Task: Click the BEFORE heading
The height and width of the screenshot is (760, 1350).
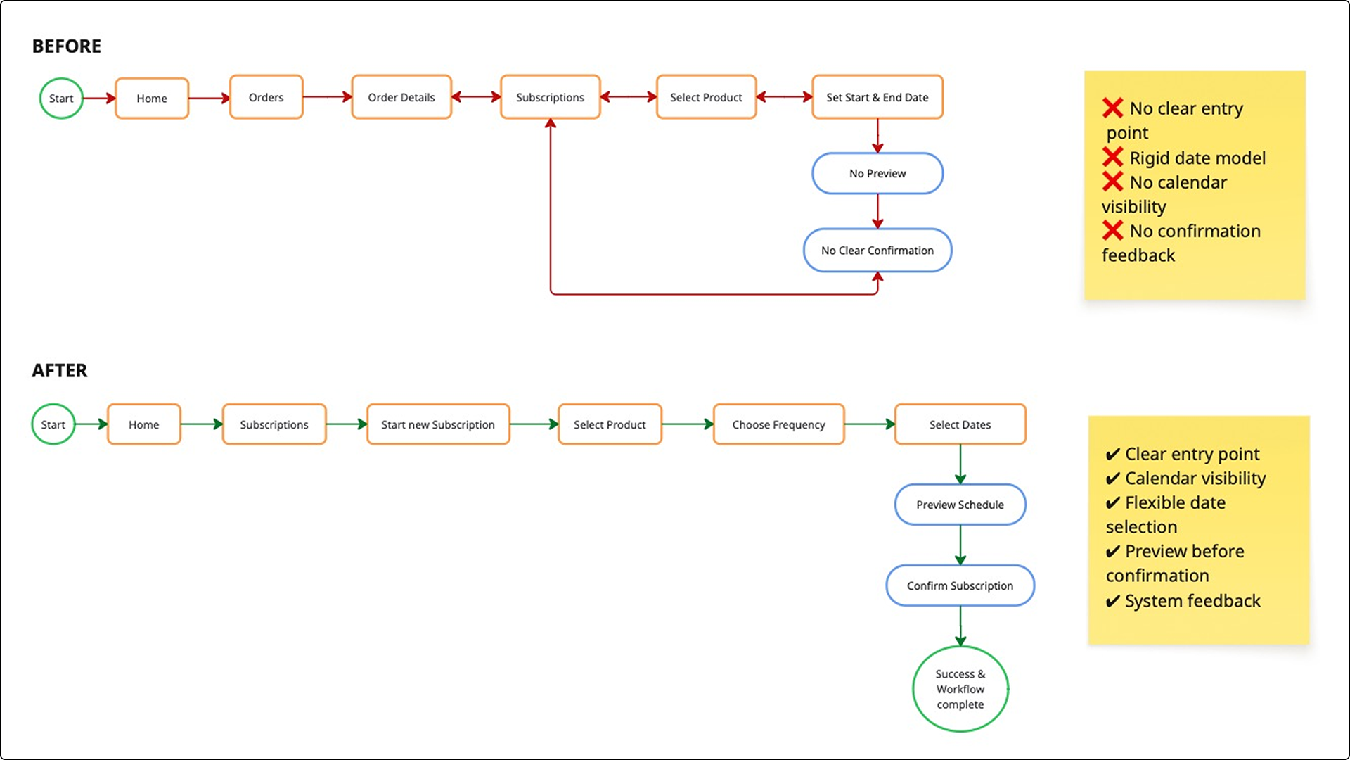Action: (x=67, y=46)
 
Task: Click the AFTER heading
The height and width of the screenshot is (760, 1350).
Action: (x=60, y=371)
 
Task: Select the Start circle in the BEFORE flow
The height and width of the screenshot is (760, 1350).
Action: (x=61, y=99)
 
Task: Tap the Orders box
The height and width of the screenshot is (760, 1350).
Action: (x=266, y=98)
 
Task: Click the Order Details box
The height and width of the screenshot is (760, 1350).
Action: (x=401, y=98)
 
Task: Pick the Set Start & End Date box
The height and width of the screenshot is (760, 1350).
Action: (x=877, y=98)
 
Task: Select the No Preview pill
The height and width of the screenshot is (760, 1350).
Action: (x=877, y=174)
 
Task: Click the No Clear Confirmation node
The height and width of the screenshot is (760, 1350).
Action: (x=877, y=251)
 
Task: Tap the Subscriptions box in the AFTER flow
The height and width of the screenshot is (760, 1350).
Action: (x=274, y=425)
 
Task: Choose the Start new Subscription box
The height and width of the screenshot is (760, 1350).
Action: (x=437, y=425)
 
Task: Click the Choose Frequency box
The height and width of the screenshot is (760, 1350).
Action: (x=778, y=425)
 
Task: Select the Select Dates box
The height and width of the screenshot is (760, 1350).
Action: (x=960, y=425)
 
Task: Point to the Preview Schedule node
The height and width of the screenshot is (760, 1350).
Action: (x=960, y=505)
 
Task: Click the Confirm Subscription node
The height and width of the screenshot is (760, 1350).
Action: (x=960, y=586)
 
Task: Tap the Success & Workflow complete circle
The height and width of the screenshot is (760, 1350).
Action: (x=960, y=690)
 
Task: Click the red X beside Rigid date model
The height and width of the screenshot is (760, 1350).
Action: (x=1112, y=157)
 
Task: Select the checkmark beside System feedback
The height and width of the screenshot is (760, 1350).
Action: (x=1112, y=602)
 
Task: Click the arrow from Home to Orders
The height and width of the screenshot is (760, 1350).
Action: (x=209, y=99)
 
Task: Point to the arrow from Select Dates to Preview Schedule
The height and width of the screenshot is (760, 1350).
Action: (x=960, y=464)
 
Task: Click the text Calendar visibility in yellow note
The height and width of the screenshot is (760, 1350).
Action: (x=1195, y=479)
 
